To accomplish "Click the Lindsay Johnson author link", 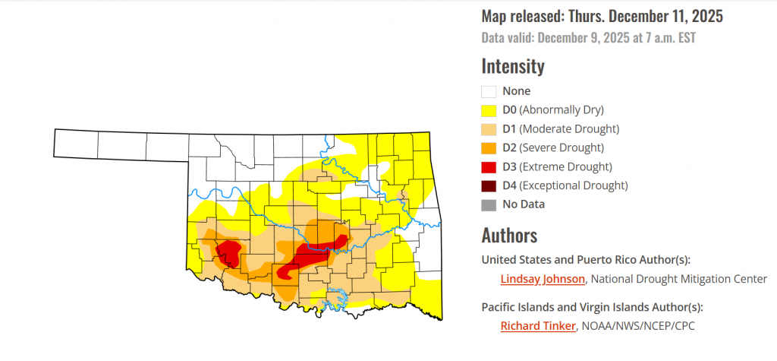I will tap(542, 279).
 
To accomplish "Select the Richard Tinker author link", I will tap(537, 326).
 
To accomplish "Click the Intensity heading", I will tap(513, 66).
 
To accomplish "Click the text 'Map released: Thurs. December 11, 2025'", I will tap(602, 16).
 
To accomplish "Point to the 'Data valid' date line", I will tap(589, 37).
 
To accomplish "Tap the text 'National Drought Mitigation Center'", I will tap(680, 279).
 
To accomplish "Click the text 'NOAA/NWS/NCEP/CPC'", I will tap(638, 326).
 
